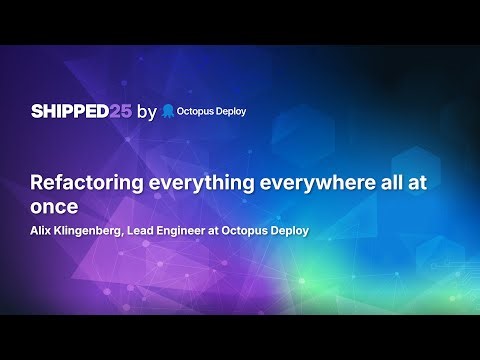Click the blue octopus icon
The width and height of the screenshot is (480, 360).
(168, 111)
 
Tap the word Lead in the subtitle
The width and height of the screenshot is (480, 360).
(158, 232)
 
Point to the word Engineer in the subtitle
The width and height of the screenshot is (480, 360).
(202, 232)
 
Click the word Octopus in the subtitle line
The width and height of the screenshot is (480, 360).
(263, 232)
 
